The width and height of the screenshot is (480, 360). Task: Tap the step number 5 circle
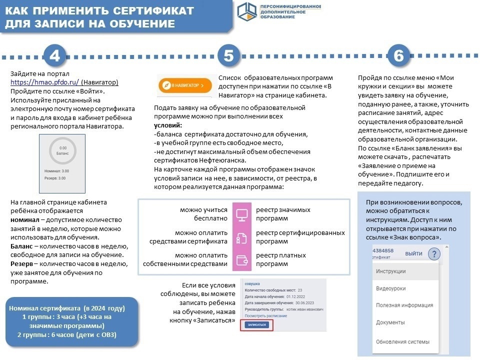(x=228, y=56)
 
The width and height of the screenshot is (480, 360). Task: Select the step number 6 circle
(x=398, y=56)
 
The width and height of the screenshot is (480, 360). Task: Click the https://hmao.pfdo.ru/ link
(x=45, y=82)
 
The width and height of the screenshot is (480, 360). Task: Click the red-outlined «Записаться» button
(x=256, y=325)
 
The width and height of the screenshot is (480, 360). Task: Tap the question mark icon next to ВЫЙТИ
(x=434, y=253)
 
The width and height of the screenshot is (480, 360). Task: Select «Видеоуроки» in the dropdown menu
(x=390, y=288)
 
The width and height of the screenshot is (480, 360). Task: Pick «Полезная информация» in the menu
(x=404, y=305)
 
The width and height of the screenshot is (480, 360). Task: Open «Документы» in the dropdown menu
(x=390, y=322)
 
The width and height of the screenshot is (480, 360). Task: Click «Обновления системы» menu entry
(x=402, y=342)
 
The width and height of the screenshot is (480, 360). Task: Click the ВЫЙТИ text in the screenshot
(x=413, y=253)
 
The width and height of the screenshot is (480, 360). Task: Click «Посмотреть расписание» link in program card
(x=265, y=315)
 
